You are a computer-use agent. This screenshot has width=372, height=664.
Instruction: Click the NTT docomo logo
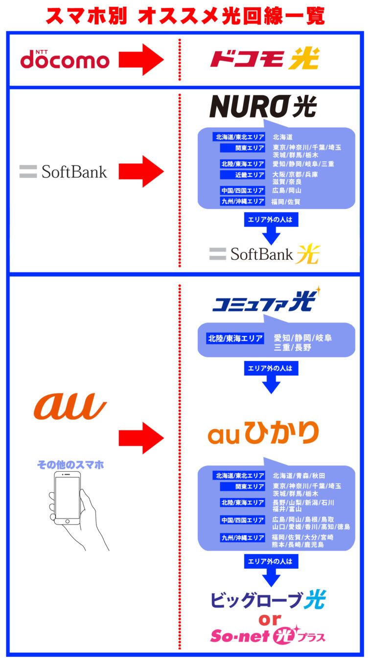tap(65, 59)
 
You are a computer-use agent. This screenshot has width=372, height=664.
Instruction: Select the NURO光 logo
tap(263, 106)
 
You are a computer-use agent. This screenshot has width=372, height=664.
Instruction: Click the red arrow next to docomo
tap(141, 60)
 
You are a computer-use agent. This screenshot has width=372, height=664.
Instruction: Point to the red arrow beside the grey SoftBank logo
tap(141, 171)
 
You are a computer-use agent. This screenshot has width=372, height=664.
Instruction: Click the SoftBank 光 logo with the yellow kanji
tap(265, 254)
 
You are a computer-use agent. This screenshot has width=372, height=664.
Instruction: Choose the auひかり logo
tap(263, 433)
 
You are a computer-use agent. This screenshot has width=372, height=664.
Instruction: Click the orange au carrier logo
tap(70, 406)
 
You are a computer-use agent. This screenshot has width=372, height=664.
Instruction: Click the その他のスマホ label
tap(70, 464)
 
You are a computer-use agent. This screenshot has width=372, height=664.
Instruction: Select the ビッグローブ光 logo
tap(268, 600)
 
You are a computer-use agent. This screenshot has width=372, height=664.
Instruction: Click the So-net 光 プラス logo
tap(268, 636)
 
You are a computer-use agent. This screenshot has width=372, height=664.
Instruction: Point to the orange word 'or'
tap(270, 619)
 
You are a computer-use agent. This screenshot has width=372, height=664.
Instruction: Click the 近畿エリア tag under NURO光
tap(242, 175)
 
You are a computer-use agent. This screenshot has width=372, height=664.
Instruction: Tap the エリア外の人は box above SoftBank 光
tap(271, 220)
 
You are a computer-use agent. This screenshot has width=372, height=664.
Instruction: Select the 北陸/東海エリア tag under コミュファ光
tap(235, 338)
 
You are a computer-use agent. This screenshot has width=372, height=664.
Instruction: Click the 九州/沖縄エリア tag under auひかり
tap(242, 538)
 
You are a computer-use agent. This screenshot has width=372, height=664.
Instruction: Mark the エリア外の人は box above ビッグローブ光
tap(271, 561)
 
